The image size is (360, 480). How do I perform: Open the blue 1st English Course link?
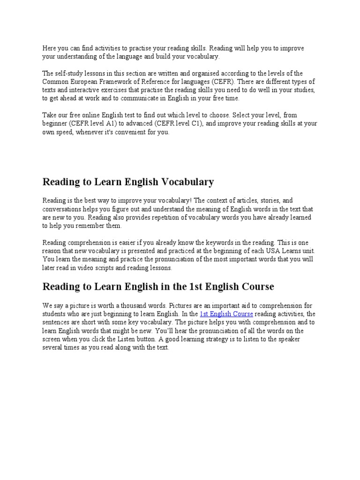coord(226,314)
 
